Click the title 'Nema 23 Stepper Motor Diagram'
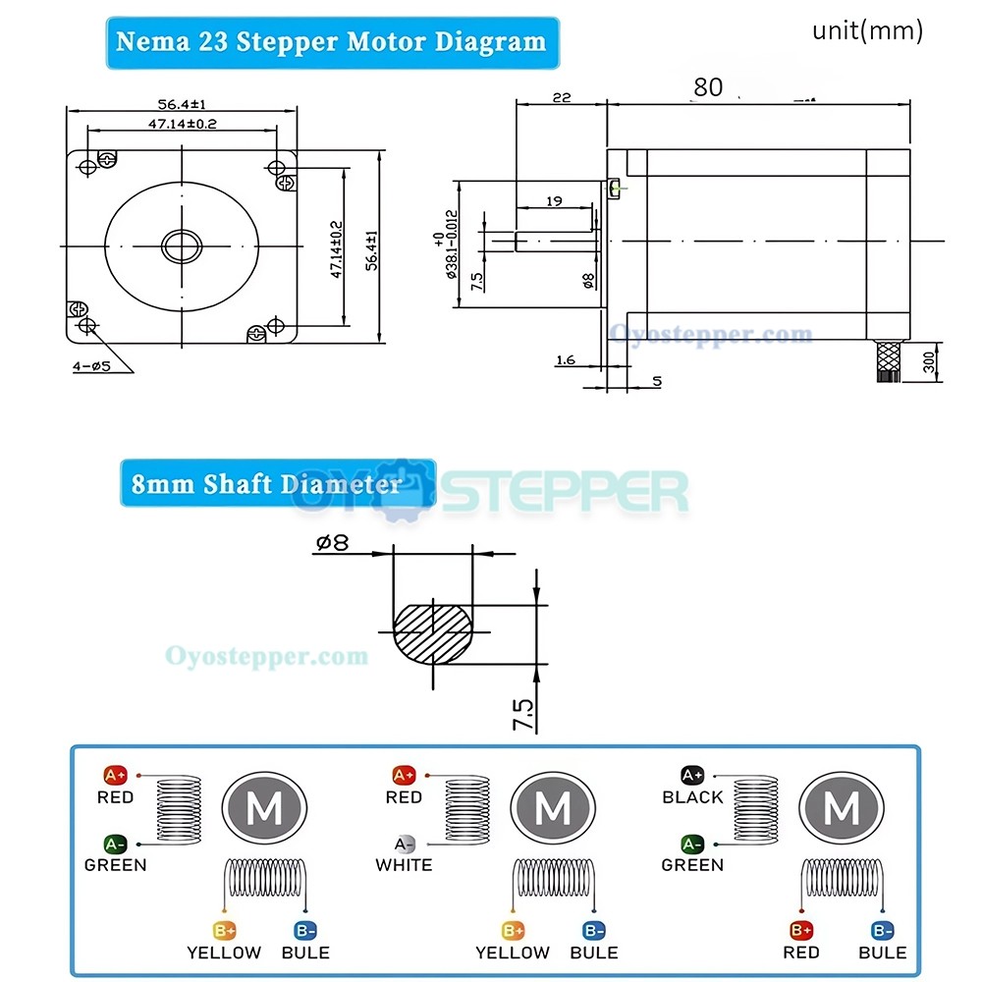tap(331, 42)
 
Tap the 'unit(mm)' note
tap(867, 30)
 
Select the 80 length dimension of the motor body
tap(707, 87)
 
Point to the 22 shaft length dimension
tap(561, 97)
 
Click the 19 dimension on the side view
tap(553, 200)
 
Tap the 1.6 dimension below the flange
tap(566, 360)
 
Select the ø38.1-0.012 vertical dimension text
tap(451, 244)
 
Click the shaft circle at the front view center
tap(182, 245)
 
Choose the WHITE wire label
tap(404, 865)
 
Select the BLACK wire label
tap(692, 797)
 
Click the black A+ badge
tap(692, 775)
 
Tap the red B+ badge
tap(800, 929)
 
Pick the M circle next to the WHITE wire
tap(552, 809)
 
